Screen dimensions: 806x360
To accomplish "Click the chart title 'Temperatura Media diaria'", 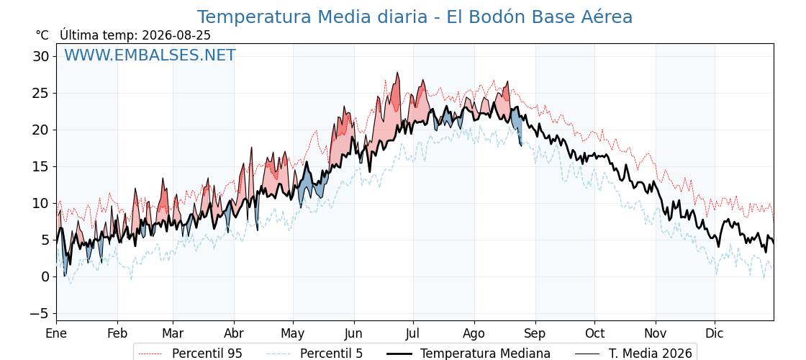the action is [x=312, y=17].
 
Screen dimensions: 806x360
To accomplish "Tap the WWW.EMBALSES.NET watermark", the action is [x=150, y=55].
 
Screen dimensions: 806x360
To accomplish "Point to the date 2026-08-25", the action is [x=176, y=35].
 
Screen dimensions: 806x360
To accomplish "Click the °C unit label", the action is [x=42, y=35].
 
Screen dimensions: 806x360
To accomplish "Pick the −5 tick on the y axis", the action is [x=37, y=313].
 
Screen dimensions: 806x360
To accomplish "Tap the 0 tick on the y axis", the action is [x=45, y=276].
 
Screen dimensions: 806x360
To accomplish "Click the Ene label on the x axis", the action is [x=56, y=334].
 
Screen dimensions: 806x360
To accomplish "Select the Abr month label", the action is [x=234, y=334].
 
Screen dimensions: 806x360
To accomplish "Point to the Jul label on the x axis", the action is [x=413, y=334].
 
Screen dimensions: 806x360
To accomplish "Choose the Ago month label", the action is [x=474, y=334].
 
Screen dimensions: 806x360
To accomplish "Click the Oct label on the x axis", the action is [x=594, y=334].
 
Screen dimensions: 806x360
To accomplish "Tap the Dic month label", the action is [x=715, y=334].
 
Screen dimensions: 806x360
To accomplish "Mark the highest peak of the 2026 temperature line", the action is [x=397, y=73].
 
